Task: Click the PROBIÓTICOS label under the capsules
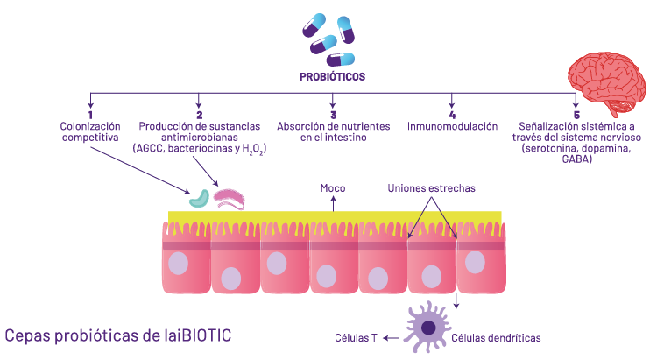332,77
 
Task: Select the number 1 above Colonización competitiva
90,115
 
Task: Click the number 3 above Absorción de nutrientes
333,115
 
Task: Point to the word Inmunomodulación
452,127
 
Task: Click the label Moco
332,188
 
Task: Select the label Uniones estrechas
432,188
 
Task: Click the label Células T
355,337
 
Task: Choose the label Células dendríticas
497,337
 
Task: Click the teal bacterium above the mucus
200,198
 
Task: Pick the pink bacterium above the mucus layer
231,199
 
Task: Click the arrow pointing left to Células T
392,337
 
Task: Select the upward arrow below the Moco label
332,204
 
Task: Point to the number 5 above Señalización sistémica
576,115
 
